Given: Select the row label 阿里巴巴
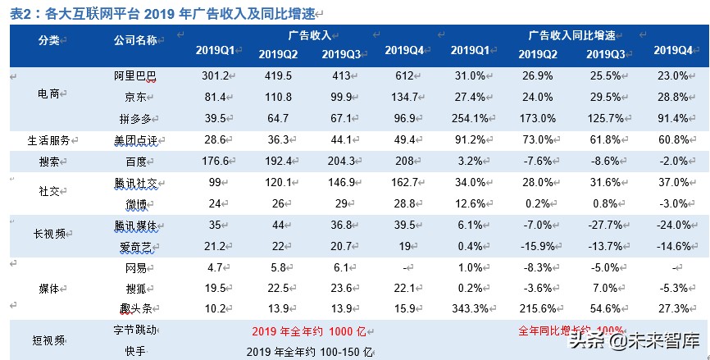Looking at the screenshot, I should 135,76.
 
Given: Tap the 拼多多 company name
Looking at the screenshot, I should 135,116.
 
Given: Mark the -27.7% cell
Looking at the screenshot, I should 606,224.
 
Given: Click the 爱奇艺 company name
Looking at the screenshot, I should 135,244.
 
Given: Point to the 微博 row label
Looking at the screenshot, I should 135,203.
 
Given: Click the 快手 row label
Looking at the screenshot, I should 135,350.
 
